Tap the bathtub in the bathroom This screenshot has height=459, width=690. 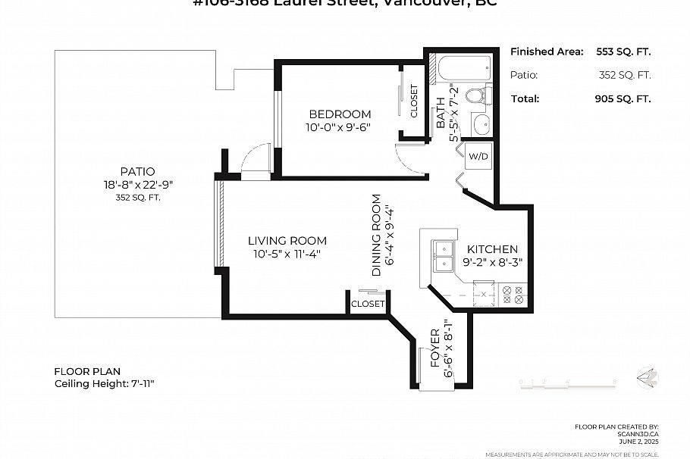458,69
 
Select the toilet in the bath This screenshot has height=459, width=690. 477,96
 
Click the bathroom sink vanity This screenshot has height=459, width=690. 480,124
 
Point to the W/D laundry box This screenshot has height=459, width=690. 478,157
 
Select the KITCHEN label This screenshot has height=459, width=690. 492,249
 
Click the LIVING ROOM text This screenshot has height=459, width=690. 287,241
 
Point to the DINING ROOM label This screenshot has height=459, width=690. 377,235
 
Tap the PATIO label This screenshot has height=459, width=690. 137,171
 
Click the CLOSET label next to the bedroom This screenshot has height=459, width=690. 414,101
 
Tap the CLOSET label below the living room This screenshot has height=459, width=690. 368,304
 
